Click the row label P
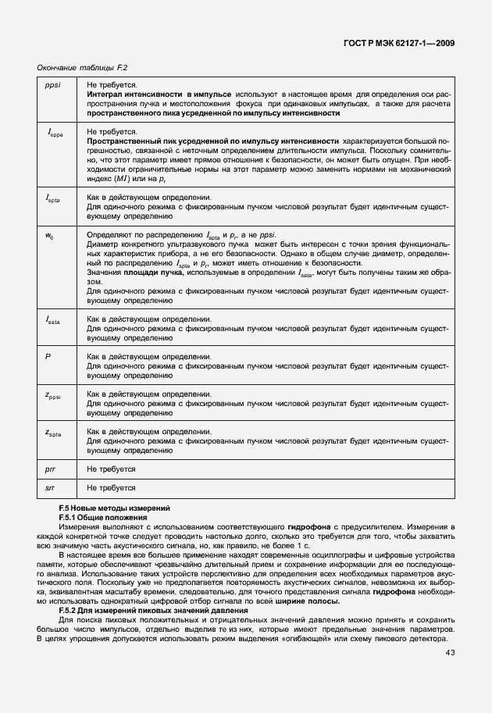(48, 356)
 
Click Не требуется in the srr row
(111, 488)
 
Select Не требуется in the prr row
(111, 469)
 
